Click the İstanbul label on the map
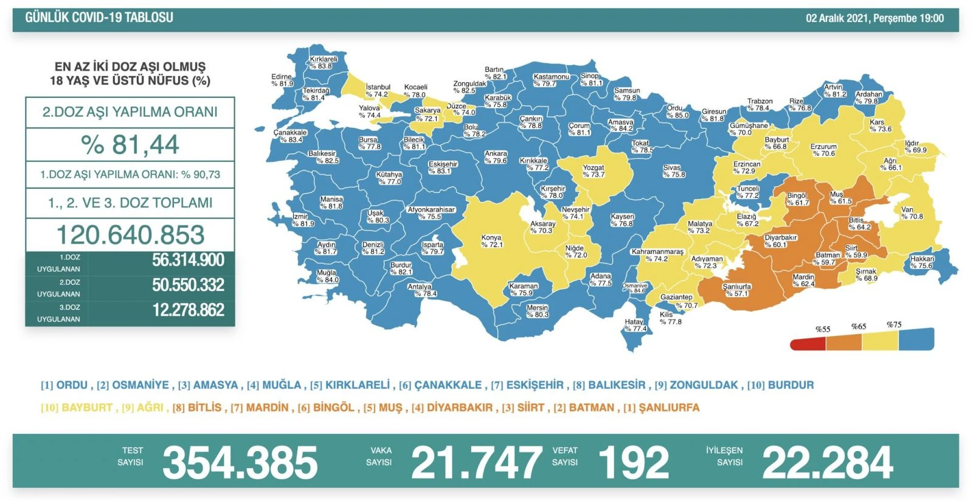378,91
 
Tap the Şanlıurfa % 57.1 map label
736,290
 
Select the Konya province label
491,241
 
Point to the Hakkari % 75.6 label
922,262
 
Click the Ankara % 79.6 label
496,157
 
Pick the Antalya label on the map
420,290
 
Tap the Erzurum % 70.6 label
823,150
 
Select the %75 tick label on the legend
894,324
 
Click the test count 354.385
240,463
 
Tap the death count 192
633,463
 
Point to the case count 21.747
476,463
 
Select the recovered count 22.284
827,463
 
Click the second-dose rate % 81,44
130,145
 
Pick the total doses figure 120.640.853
130,235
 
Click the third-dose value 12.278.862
188,310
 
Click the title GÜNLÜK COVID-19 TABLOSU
99,18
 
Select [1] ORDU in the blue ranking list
64,385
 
